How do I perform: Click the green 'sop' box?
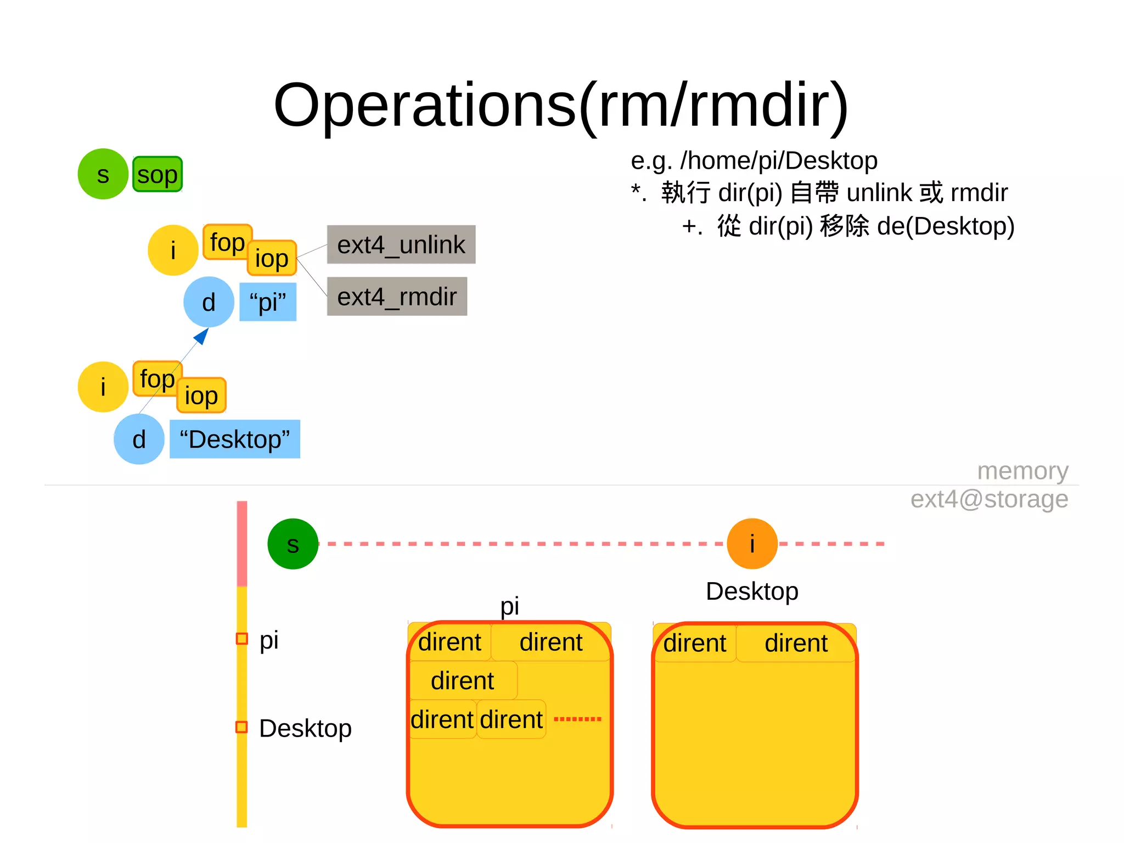[x=157, y=175]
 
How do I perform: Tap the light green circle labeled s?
[x=103, y=174]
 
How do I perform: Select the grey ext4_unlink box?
[x=401, y=244]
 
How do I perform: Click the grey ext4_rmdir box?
[x=396, y=297]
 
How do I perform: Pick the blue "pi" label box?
[x=268, y=302]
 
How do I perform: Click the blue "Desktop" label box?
[x=234, y=439]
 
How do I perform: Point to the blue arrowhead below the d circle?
[x=202, y=336]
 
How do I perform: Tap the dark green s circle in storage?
[x=293, y=544]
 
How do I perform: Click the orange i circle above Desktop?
[x=751, y=544]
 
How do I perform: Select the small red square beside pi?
[x=241, y=639]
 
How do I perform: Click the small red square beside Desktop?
[x=241, y=727]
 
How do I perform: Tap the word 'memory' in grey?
[x=1022, y=471]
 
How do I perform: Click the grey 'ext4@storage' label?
[x=989, y=499]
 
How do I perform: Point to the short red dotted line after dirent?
[x=577, y=719]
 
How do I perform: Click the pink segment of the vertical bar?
[x=241, y=544]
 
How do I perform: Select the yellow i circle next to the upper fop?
[x=172, y=250]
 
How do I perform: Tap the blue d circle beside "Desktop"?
[x=139, y=439]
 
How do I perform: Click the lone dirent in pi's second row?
[x=462, y=681]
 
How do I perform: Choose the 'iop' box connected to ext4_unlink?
[x=272, y=258]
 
